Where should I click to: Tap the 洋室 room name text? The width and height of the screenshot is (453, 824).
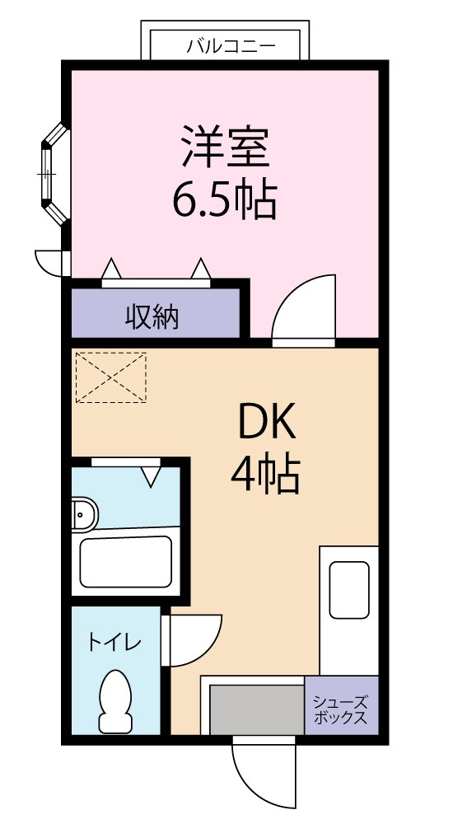[x=224, y=147]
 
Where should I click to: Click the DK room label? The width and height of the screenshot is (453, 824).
[x=266, y=425]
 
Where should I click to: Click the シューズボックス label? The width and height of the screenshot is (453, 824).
[x=341, y=709]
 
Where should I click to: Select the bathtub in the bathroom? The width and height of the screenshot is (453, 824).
[x=125, y=562]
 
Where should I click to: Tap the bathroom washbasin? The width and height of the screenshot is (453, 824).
[x=83, y=515]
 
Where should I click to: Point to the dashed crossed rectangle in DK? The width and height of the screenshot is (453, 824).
[x=110, y=378]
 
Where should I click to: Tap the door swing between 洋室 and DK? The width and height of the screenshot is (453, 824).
[x=306, y=309]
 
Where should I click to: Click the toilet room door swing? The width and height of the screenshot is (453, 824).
[x=194, y=640]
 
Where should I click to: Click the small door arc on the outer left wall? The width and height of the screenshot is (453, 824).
[x=49, y=262]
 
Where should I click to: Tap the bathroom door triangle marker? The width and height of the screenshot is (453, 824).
[x=152, y=475]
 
